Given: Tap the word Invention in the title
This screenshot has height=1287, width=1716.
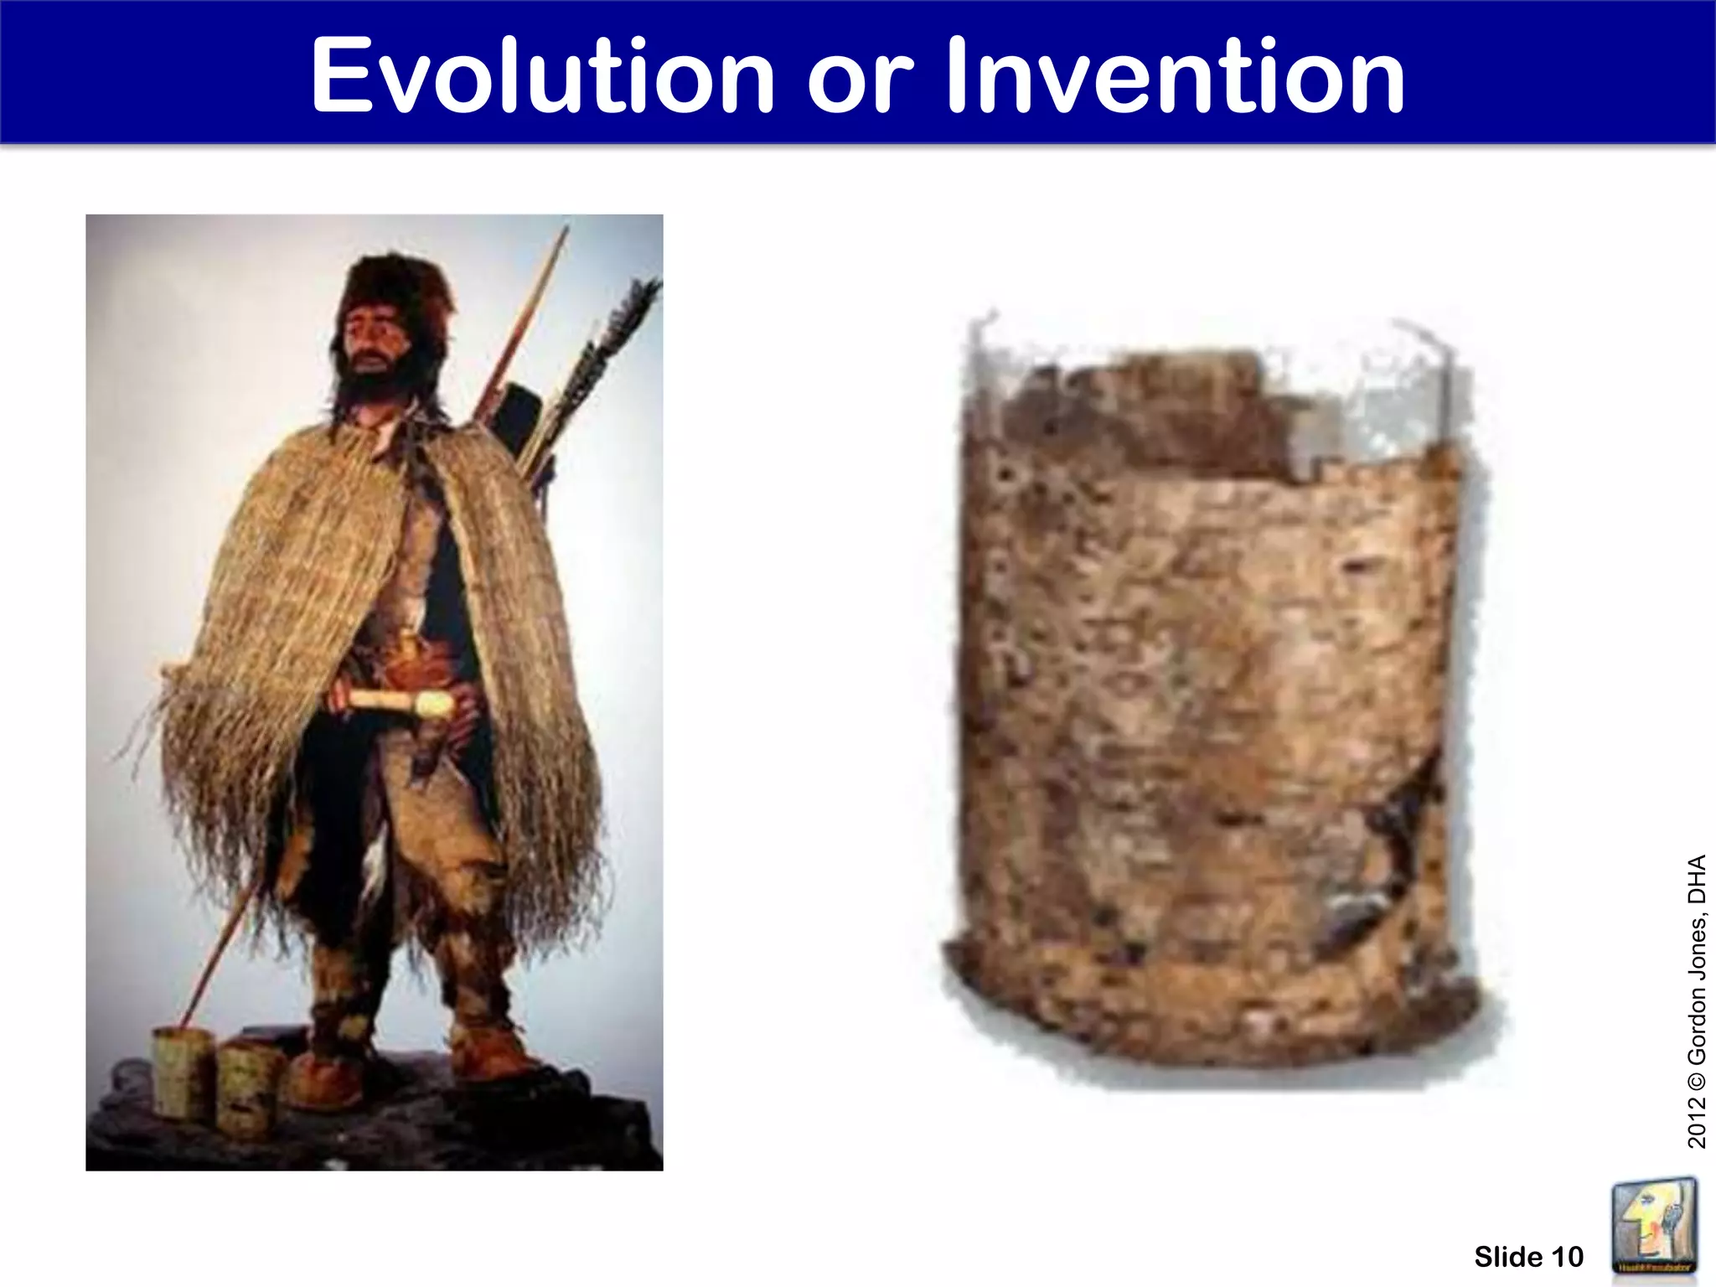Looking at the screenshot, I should pos(1175,77).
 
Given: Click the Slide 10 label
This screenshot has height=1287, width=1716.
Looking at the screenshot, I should pos(1528,1257).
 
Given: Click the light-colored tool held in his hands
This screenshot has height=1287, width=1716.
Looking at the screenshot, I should pos(402,702).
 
